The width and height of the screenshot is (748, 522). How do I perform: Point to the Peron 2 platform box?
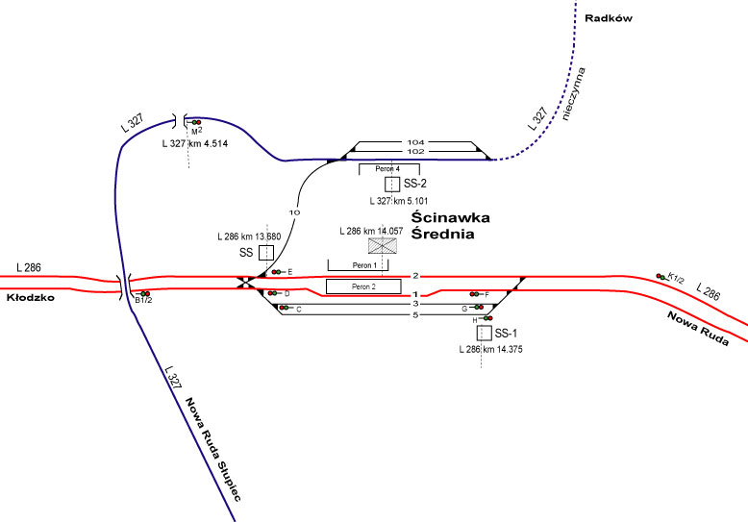click(362, 286)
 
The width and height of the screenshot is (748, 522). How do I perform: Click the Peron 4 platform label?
click(387, 168)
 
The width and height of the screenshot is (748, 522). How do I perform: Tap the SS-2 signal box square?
click(391, 183)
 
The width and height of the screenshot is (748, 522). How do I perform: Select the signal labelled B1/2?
click(144, 293)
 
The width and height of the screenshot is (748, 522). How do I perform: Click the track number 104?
click(415, 141)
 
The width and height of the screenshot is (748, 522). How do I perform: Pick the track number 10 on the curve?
click(295, 212)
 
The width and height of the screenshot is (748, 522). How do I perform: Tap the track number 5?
click(415, 314)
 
